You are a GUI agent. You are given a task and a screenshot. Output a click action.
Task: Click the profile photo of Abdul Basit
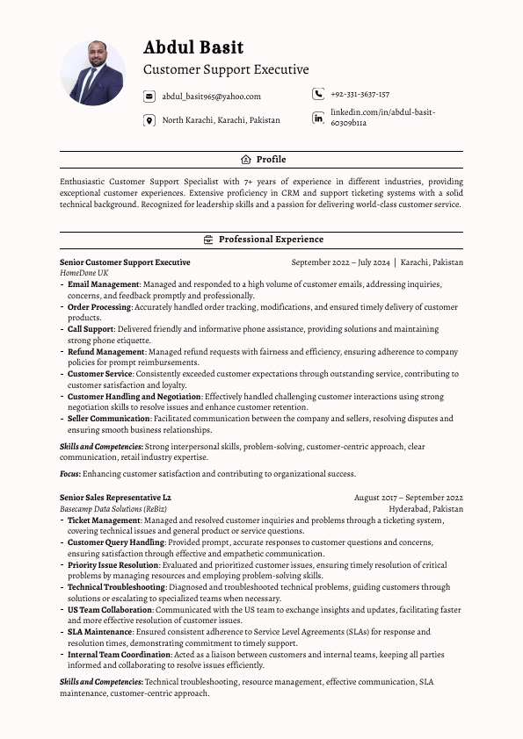point(92,74)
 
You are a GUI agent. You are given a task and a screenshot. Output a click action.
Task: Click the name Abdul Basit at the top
point(193,47)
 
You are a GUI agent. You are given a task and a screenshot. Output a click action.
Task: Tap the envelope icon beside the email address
point(149,97)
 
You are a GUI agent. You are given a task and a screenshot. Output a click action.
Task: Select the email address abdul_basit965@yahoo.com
point(211,97)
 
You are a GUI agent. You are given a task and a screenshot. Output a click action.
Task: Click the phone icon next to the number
point(317,94)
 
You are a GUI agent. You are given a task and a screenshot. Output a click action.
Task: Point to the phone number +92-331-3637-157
point(360,94)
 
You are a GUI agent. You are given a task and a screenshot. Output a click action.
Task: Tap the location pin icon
point(149,120)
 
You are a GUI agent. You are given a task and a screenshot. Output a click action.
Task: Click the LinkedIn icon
point(317,118)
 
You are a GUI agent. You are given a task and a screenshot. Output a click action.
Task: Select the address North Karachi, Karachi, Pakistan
point(222,120)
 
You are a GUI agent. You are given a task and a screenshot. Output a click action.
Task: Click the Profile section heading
point(271,160)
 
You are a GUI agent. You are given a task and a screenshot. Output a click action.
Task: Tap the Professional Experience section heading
point(271,240)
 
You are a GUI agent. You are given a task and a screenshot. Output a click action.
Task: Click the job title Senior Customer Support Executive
point(125,262)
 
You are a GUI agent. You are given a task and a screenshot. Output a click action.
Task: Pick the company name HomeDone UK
point(84,273)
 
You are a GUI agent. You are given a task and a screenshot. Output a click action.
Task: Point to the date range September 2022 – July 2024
point(340,262)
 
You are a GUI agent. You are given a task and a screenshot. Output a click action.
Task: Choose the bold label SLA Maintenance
point(100,632)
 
